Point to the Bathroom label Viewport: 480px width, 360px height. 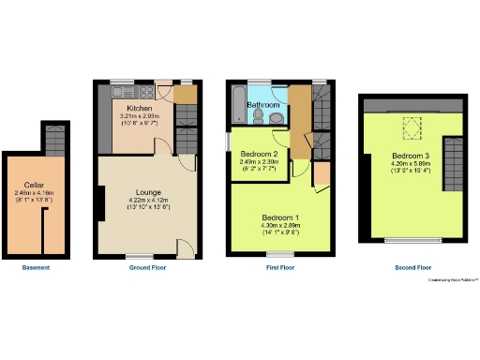pyautogui.click(x=263, y=106)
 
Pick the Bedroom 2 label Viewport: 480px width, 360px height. pyautogui.click(x=259, y=153)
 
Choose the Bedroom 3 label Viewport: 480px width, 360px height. pyautogui.click(x=411, y=156)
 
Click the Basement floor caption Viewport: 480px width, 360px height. pyautogui.click(x=36, y=268)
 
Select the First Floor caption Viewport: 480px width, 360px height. pyautogui.click(x=279, y=268)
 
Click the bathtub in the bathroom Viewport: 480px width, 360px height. pyautogui.click(x=237, y=104)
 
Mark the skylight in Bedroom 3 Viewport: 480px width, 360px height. pyautogui.click(x=411, y=125)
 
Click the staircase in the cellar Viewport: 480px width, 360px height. pyautogui.click(x=56, y=141)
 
